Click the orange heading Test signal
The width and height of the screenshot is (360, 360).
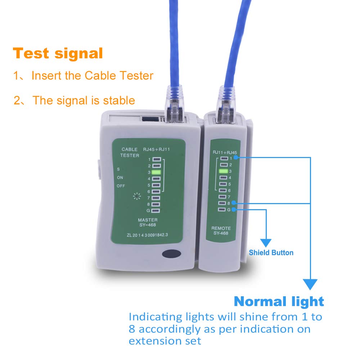tap(58, 54)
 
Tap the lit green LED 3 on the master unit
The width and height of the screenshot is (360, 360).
tap(156, 172)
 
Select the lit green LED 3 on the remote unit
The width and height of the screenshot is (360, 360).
tap(224, 171)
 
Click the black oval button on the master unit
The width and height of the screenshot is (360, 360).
tap(171, 254)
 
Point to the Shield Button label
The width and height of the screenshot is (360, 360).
tap(271, 253)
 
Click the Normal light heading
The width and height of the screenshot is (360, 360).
tap(279, 301)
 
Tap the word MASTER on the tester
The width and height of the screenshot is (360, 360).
tap(148, 220)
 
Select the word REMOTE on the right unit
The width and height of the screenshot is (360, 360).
tap(221, 228)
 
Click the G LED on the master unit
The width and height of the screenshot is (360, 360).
tap(156, 211)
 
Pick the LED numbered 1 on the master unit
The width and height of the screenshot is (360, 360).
tap(157, 159)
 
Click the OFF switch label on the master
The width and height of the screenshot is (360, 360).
tap(121, 186)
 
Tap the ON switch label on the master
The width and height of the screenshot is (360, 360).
tap(120, 177)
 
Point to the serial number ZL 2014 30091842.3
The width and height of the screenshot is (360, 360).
tap(147, 235)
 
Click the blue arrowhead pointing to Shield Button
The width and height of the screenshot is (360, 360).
tap(266, 242)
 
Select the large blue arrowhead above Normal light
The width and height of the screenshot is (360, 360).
tap(310, 284)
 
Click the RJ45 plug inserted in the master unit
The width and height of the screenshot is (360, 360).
tap(174, 104)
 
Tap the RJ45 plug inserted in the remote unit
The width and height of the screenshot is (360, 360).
tap(226, 105)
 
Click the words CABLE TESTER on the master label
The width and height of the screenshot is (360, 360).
tap(130, 152)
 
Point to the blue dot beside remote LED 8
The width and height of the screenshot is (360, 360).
tap(234, 202)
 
